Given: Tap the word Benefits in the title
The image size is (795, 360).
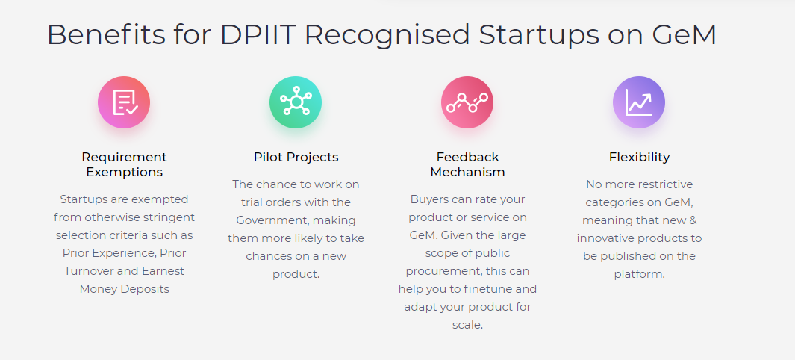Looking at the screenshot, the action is coord(106,35).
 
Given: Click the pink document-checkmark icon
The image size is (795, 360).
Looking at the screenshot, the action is coord(124,102).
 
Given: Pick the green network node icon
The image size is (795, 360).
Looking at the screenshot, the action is coord(296,102).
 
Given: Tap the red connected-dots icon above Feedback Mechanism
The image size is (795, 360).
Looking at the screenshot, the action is coord(467,102).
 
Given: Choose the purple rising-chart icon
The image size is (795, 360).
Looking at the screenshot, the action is coord(639,102).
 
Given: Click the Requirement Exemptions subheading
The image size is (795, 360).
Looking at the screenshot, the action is coord(124,164).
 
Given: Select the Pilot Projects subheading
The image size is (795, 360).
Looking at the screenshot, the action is coord(296,157).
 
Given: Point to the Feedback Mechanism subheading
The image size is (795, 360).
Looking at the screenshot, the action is coord(467,164).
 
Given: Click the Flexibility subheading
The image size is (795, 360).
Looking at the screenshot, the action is coord(639,157).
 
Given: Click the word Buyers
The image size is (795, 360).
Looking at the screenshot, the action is coord(428,199).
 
